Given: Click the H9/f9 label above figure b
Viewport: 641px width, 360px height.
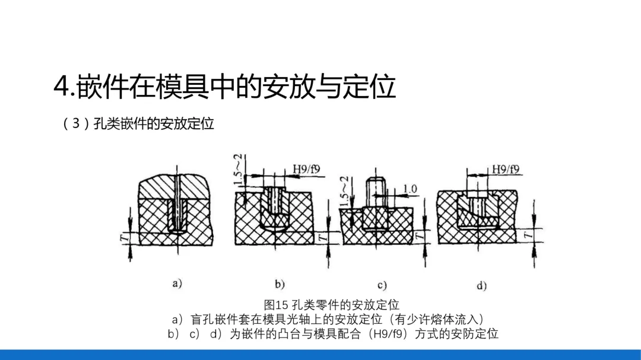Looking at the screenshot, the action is pyautogui.click(x=306, y=170).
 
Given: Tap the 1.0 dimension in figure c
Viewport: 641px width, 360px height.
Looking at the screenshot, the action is pyautogui.click(x=410, y=189).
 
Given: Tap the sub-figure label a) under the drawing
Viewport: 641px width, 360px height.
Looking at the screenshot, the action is pyautogui.click(x=177, y=283).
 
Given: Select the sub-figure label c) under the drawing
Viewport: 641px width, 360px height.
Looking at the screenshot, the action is pyautogui.click(x=382, y=285).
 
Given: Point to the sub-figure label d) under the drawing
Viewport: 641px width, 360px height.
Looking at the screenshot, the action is pyautogui.click(x=481, y=285).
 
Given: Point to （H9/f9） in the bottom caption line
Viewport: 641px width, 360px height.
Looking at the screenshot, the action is pyautogui.click(x=389, y=334).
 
